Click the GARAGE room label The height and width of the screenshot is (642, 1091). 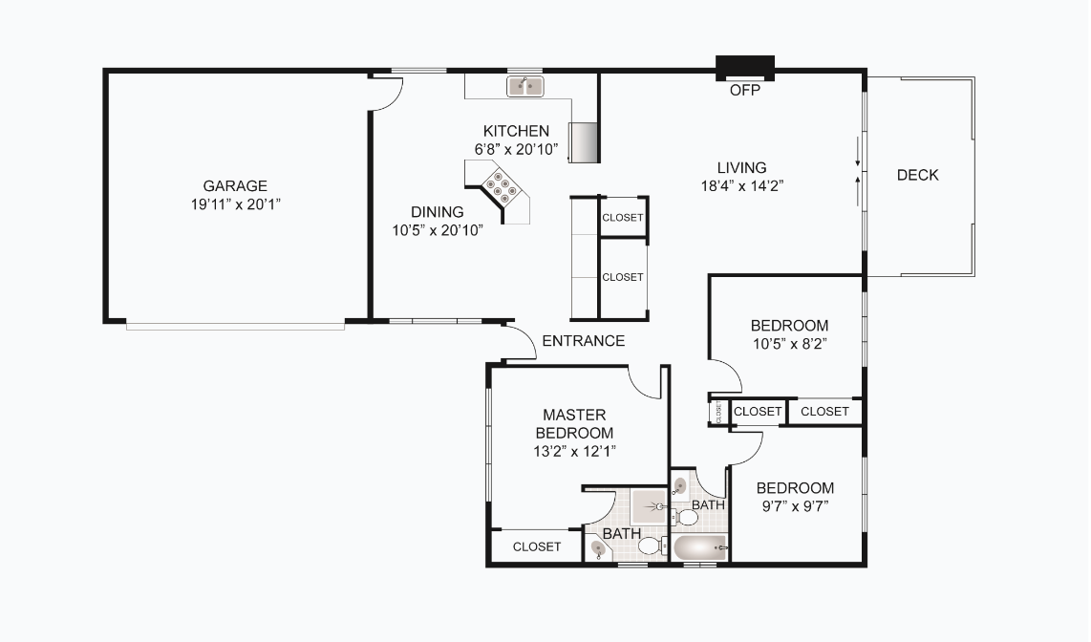click(235, 186)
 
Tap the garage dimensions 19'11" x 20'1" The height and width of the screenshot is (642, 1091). click(235, 204)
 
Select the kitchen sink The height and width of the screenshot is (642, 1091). click(524, 87)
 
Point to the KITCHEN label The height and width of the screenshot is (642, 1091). click(516, 131)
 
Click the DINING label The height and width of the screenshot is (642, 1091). click(438, 212)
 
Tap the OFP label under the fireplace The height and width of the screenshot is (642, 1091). click(744, 91)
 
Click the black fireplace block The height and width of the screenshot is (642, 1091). click(745, 68)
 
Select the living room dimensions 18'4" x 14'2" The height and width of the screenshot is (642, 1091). click(742, 186)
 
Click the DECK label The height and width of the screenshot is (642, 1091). click(917, 175)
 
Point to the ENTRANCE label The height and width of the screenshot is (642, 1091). click(583, 341)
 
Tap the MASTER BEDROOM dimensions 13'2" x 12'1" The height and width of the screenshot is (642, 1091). click(574, 451)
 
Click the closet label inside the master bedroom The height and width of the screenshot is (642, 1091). click(537, 546)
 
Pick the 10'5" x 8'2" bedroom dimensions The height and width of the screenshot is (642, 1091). click(788, 344)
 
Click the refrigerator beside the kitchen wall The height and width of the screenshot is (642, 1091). click(583, 142)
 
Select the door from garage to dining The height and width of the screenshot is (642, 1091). click(388, 94)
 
